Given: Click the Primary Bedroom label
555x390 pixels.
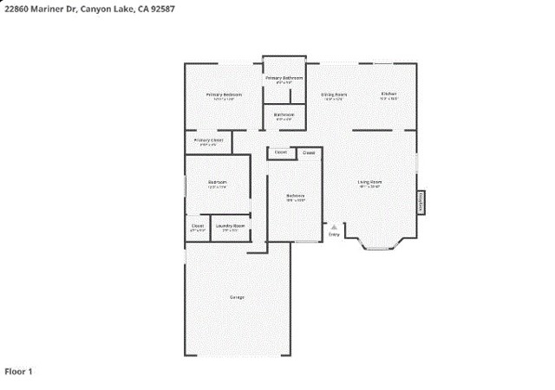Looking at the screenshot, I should pos(223,94).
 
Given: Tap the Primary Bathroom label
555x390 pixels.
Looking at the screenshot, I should pos(284,78).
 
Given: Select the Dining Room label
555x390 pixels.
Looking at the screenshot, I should pos(334,94).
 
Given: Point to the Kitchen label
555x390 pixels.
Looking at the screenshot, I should pos(388,94).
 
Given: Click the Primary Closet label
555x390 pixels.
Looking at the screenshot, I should pos(208,140).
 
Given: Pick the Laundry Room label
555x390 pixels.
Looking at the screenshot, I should pos(230,225).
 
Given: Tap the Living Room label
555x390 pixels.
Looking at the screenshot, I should pos(370,182).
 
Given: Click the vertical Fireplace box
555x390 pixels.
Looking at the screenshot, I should pos(421,202).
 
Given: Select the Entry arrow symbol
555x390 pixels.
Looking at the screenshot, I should pos(334,225).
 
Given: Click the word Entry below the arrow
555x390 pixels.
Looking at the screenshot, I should pos(334,233).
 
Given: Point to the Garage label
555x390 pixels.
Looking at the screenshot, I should pos(237,297).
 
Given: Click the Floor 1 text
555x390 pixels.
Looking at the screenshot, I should pos(18,371).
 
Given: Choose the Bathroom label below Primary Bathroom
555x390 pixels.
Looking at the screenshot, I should pos(284,114).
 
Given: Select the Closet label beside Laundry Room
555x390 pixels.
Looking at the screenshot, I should pos(198,225).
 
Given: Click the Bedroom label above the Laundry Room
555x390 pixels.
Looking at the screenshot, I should pos(217,182).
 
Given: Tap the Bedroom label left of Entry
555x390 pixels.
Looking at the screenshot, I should pos(296,196).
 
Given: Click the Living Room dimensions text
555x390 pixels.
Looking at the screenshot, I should pos(370,187).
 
